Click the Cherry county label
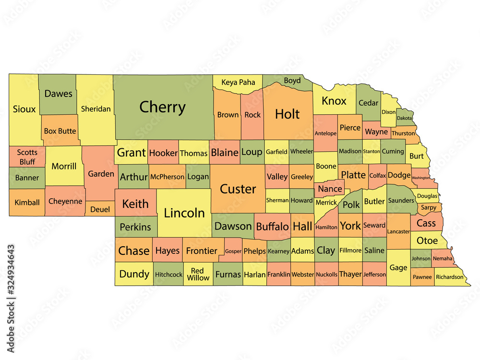point(162,107)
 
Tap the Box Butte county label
point(60,131)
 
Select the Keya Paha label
point(238,82)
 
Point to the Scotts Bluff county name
point(27,157)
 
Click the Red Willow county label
point(198,274)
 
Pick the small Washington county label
point(420,178)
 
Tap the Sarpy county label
point(429,208)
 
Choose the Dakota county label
point(404,118)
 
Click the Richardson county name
point(450,277)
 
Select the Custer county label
point(238,189)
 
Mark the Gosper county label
point(233,251)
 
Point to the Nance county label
point(330,189)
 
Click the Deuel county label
point(100,209)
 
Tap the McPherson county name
point(167,177)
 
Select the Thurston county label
point(403,133)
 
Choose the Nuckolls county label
point(326,275)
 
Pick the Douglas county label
point(427,196)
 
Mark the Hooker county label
point(163,153)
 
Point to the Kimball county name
point(27,202)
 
